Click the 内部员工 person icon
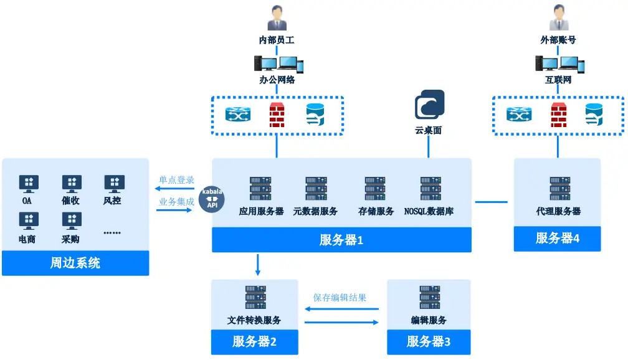(277, 18)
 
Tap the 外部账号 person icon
(558, 18)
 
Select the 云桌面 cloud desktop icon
(429, 105)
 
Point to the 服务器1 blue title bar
(341, 240)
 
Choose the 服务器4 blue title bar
(557, 239)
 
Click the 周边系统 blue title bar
(75, 263)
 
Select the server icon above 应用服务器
(260, 189)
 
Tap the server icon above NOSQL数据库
(431, 189)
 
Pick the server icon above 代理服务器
(559, 189)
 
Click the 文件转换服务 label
(254, 320)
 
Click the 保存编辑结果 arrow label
(340, 298)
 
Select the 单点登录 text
(176, 180)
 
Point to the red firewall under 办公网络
(277, 116)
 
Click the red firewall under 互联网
(558, 116)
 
